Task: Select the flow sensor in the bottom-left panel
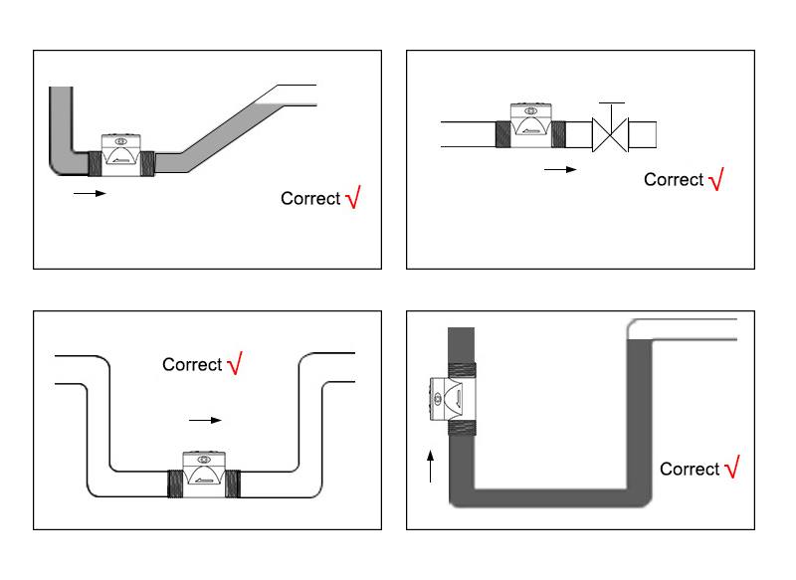204,473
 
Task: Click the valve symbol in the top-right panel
610,133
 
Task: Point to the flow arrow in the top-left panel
90,193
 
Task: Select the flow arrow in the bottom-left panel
205,420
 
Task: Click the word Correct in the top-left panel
310,199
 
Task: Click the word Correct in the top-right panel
674,180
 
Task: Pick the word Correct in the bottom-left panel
192,365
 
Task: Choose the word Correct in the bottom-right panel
690,470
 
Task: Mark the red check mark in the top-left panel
352,198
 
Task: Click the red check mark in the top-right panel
715,179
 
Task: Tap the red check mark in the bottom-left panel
235,364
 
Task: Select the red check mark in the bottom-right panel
731,469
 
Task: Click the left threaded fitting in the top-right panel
502,133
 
